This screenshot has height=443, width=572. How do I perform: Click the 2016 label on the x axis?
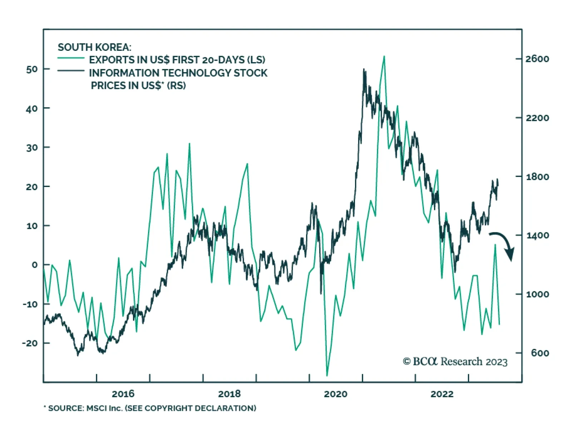(123, 394)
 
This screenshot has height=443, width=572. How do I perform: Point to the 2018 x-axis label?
(229, 394)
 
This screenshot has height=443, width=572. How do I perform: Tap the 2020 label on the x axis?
(335, 394)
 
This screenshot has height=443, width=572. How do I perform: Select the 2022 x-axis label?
(442, 394)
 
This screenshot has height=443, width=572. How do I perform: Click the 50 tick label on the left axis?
(32, 69)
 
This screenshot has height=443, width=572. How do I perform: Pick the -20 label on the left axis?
(30, 343)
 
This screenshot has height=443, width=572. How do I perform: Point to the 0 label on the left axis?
(34, 265)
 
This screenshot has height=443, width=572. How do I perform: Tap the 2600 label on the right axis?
(537, 59)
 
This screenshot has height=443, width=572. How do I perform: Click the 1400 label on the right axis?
(537, 235)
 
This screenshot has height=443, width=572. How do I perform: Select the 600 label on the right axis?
(539, 353)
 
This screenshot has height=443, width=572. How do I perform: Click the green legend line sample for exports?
(71, 58)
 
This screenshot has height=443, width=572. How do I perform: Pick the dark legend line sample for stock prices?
(71, 70)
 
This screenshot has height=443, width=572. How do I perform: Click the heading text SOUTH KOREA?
(94, 47)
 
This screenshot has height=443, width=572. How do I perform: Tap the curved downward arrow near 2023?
(504, 244)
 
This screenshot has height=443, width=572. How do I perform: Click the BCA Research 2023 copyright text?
(455, 362)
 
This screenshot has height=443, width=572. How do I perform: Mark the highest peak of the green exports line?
(384, 56)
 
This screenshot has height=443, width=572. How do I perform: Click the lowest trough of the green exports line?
(327, 375)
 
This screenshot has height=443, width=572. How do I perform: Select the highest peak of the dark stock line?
(364, 69)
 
